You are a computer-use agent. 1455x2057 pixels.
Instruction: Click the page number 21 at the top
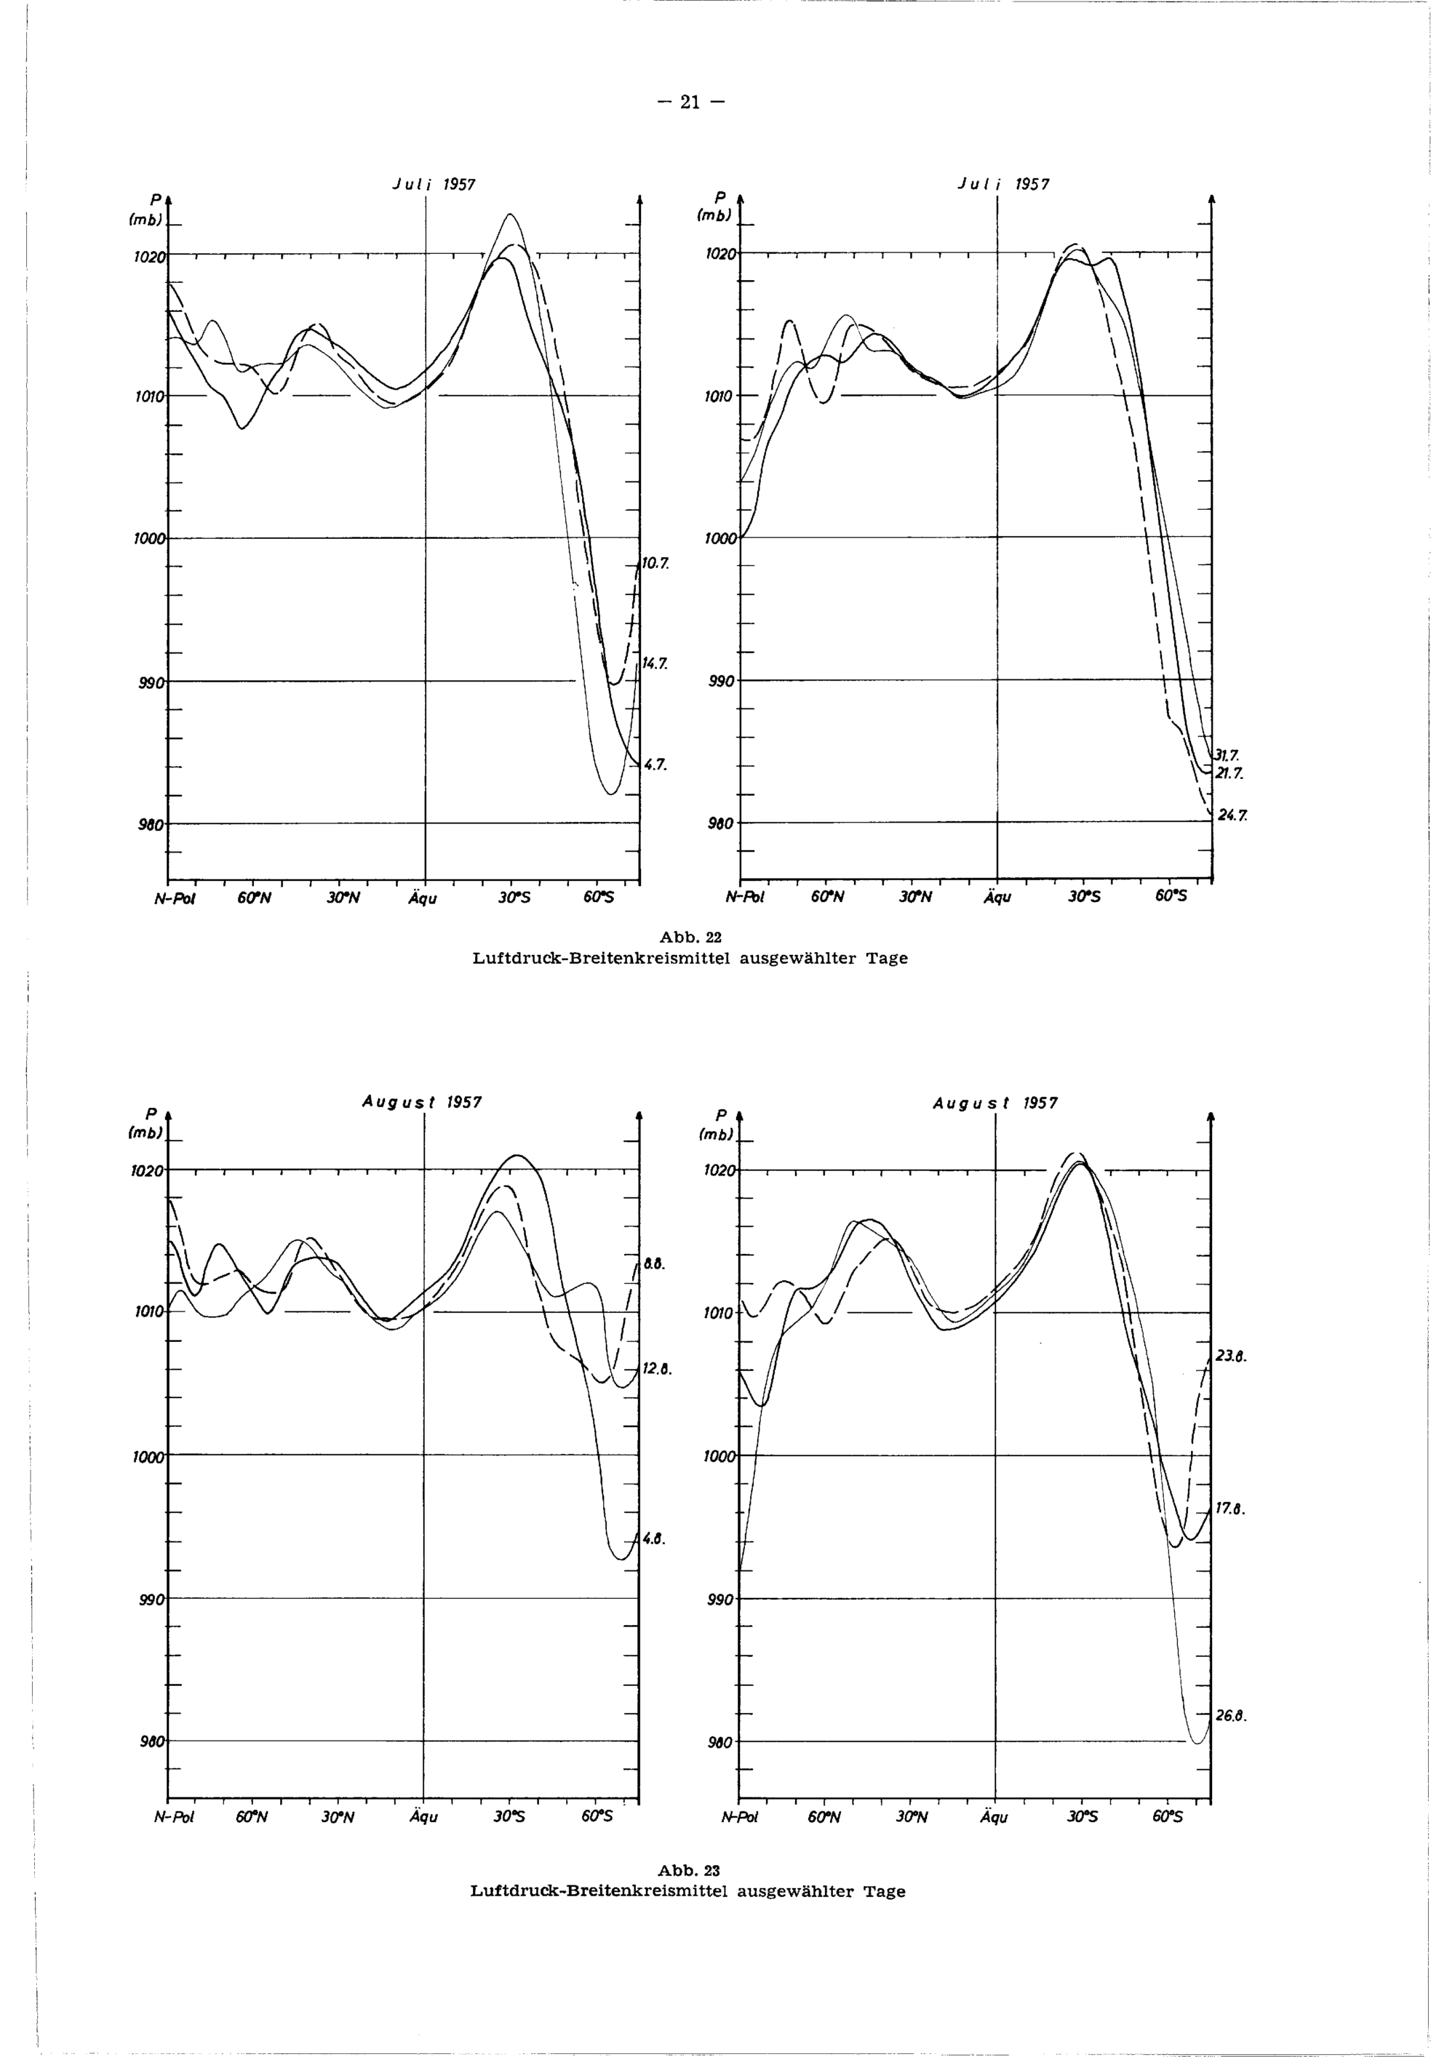click(689, 102)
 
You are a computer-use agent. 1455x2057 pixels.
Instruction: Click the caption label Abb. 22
click(690, 938)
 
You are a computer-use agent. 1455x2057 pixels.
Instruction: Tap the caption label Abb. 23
click(689, 1871)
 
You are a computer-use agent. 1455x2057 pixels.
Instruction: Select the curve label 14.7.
click(655, 664)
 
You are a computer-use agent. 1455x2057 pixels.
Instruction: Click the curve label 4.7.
click(657, 764)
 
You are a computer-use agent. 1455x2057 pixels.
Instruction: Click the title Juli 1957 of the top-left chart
click(434, 185)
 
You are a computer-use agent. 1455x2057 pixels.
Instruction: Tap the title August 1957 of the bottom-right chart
click(994, 1103)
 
